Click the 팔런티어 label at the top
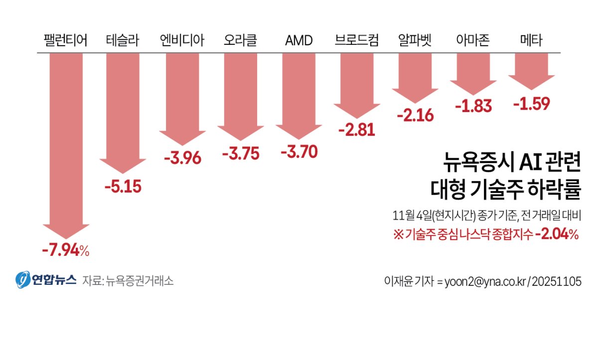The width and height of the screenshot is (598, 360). (65, 41)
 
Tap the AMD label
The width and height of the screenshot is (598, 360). (299, 41)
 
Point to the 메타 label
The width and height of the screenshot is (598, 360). (531, 41)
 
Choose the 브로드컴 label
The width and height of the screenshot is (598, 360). (357, 41)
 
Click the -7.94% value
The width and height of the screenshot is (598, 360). (65, 250)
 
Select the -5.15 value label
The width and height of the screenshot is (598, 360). (123, 187)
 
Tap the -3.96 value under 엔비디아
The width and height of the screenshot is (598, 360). (182, 159)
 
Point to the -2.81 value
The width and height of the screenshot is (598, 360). (356, 130)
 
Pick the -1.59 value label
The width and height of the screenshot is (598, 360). (531, 104)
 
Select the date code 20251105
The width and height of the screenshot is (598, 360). (557, 281)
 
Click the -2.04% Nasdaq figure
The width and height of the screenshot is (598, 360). (556, 235)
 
